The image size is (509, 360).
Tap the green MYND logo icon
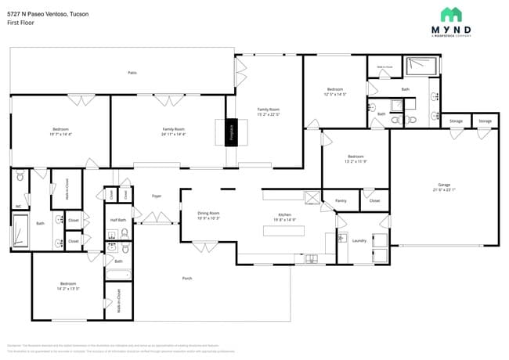(450, 14)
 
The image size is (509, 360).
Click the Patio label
(132, 73)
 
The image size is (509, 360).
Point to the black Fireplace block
(231, 133)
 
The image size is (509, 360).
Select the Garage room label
(443, 185)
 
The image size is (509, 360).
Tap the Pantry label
(341, 201)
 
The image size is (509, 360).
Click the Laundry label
(359, 241)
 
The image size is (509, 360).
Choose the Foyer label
(157, 196)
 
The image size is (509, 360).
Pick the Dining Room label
(208, 213)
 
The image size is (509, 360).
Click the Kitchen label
(285, 214)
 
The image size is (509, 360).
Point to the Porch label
(187, 278)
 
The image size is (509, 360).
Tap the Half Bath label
(118, 221)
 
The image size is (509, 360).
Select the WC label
(19, 207)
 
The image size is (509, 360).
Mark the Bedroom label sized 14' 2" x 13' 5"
(69, 284)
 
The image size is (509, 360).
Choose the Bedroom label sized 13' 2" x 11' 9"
(356, 156)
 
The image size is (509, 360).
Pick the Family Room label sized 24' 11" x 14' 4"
(173, 129)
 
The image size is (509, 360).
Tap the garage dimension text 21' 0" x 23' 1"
(443, 189)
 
